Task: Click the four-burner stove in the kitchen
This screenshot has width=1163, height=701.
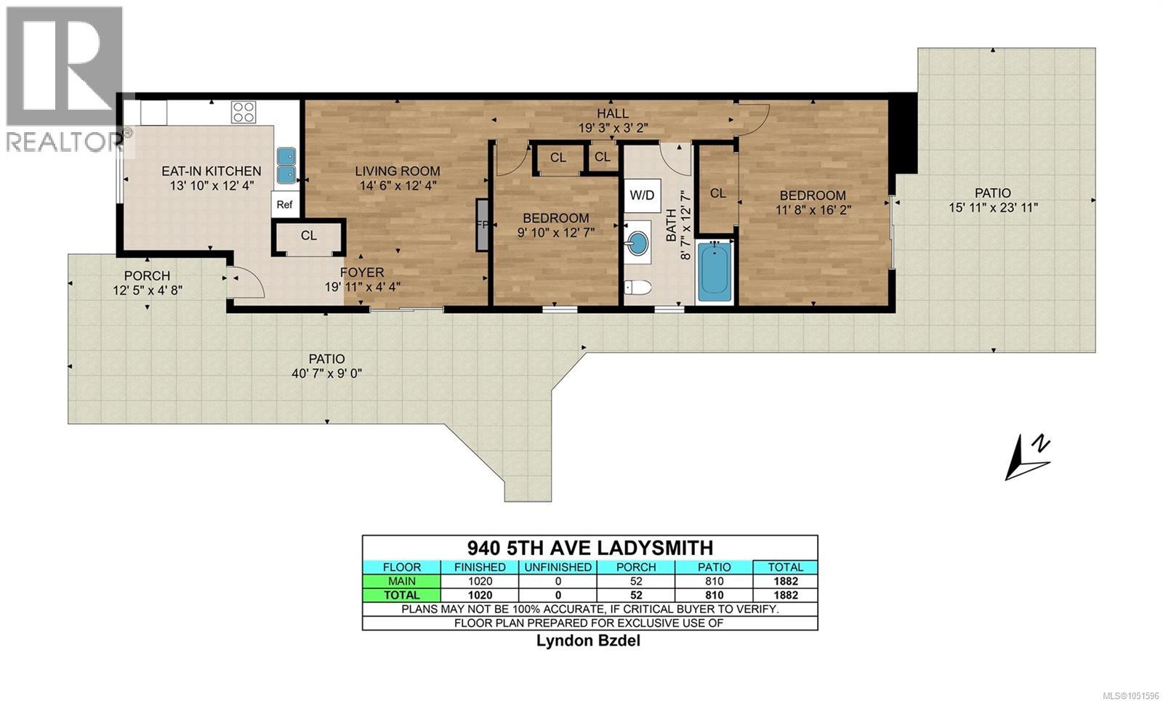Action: [244, 112]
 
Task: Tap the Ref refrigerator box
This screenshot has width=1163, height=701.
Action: [284, 204]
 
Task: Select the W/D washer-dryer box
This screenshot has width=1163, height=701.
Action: [643, 195]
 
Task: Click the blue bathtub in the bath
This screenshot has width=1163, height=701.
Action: [715, 272]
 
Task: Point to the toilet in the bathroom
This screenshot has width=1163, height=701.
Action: [637, 287]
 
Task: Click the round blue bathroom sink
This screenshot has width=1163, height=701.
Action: [637, 243]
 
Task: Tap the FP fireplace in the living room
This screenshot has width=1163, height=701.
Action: [483, 224]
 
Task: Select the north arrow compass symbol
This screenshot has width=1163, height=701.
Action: [1027, 457]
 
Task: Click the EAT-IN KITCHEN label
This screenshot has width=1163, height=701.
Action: [211, 171]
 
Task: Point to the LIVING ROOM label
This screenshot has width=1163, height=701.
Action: [397, 171]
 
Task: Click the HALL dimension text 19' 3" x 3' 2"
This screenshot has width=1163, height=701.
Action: [613, 128]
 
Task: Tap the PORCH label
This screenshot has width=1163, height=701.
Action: [147, 275]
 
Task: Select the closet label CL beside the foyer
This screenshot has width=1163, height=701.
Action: [308, 235]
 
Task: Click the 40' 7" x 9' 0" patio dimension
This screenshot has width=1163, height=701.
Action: [326, 373]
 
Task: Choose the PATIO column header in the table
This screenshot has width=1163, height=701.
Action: [714, 567]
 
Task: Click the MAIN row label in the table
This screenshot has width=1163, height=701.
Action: [401, 581]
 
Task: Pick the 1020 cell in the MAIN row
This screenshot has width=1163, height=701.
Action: [480, 581]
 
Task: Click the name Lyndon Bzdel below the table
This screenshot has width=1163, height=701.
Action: [588, 640]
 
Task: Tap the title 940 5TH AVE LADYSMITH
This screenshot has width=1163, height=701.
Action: [589, 548]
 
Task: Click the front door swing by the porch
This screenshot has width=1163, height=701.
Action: [246, 283]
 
